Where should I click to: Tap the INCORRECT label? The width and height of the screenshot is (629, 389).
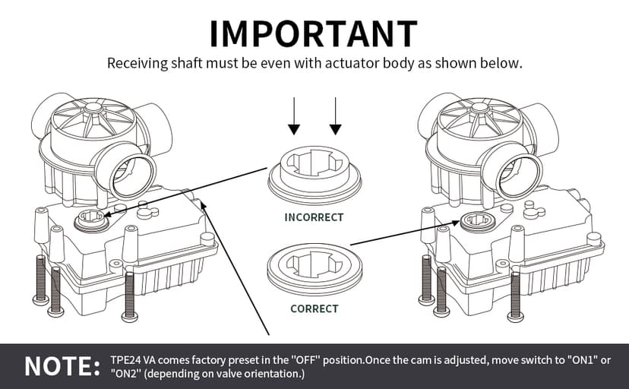click(x=314, y=217)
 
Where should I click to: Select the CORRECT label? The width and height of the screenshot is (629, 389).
click(x=314, y=309)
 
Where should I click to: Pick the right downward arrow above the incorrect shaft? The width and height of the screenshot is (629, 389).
click(x=333, y=119)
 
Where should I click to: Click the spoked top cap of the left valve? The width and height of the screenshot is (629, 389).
click(x=93, y=116)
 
